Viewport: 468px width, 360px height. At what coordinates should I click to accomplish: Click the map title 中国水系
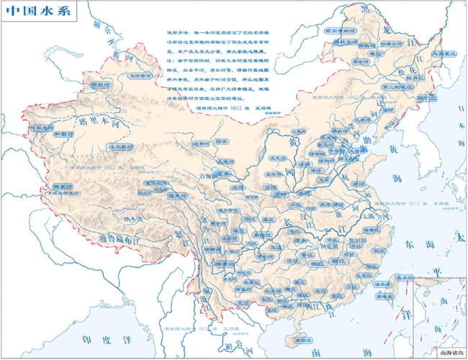(x=35, y=13)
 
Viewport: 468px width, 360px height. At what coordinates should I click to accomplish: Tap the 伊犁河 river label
(x=102, y=85)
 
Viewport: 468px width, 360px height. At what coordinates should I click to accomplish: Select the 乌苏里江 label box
(x=440, y=53)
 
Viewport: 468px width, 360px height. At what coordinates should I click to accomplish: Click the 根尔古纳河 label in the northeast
(x=339, y=32)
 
